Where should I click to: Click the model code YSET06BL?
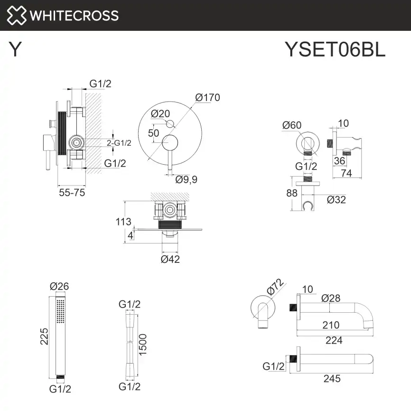pos(335,49)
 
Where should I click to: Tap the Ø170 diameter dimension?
pos(207,98)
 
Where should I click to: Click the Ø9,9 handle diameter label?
pos(187,179)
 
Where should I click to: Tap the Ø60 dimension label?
pos(291,125)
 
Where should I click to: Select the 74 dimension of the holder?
pos(346,173)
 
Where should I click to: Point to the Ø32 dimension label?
pos(336,199)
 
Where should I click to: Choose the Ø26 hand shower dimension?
pos(60,286)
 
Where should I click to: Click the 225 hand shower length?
pos(44,337)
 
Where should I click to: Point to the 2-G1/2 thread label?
pos(119,142)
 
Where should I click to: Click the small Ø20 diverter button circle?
pos(170,124)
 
